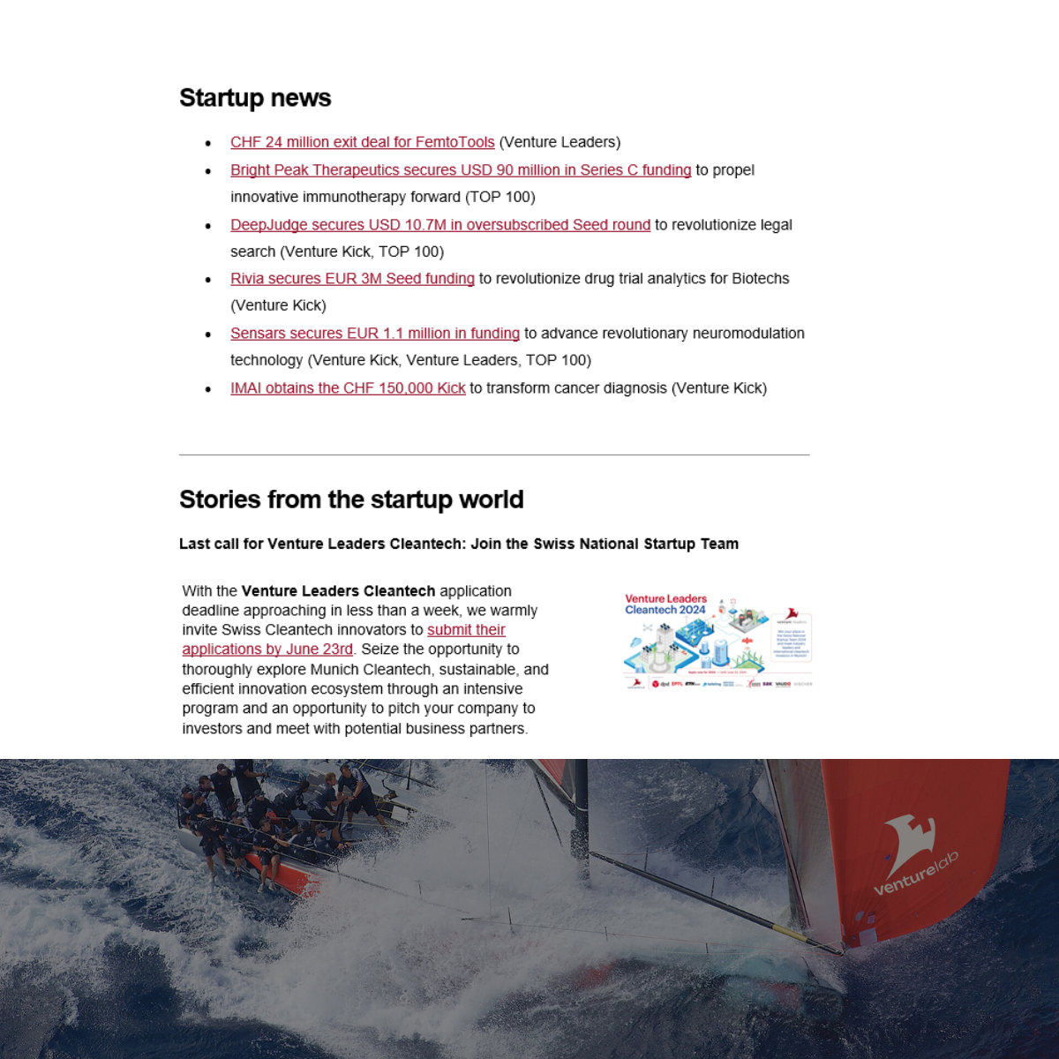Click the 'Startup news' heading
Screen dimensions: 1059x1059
(x=255, y=98)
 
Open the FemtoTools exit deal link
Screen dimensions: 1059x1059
(x=362, y=142)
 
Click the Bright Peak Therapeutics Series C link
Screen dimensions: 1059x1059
(x=460, y=170)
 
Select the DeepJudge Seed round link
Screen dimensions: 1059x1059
(x=439, y=225)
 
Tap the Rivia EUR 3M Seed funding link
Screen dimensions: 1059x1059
(x=352, y=279)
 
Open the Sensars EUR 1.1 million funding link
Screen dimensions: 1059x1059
(x=374, y=334)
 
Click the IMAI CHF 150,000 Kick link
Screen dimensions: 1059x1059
(x=348, y=388)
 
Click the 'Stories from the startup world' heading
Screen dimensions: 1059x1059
(x=351, y=499)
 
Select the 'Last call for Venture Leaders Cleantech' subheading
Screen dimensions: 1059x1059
(x=458, y=544)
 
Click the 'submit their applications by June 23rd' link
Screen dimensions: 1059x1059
(x=267, y=650)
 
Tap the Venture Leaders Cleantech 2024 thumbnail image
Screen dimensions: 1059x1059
(x=717, y=641)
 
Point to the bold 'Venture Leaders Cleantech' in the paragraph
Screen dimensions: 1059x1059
(x=338, y=591)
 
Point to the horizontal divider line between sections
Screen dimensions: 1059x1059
(x=494, y=455)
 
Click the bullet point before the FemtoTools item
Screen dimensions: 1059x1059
(x=208, y=143)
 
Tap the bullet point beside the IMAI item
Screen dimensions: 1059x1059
(x=208, y=389)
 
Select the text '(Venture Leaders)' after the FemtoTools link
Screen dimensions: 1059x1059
(x=560, y=142)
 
